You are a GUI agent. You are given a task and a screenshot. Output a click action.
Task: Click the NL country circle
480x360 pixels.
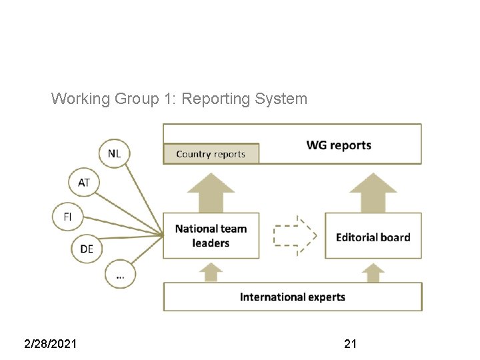114,154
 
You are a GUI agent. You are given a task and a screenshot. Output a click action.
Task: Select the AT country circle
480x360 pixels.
84,183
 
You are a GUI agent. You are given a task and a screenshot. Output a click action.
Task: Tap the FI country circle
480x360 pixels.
67,217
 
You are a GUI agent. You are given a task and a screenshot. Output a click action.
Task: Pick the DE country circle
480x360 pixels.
87,249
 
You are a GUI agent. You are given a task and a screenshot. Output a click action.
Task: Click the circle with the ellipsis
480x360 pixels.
120,273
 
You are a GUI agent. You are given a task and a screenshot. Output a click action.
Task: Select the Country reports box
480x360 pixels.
211,154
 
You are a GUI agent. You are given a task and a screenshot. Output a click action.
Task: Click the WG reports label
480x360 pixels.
339,145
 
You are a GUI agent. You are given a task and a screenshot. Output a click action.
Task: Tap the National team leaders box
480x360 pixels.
211,236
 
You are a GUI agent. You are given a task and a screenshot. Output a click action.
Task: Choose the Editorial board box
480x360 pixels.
373,237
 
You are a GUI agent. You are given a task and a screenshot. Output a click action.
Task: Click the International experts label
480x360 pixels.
293,297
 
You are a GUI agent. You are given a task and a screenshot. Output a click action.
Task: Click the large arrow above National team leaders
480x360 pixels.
211,191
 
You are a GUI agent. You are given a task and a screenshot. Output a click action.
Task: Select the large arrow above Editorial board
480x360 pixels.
373,191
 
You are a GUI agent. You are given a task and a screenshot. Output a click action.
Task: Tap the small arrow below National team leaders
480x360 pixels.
211,271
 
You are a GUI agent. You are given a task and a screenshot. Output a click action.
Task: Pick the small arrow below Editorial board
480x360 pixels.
373,272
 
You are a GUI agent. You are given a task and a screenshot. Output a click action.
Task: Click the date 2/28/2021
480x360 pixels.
50,344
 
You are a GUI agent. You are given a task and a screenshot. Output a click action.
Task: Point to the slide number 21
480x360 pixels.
350,344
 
